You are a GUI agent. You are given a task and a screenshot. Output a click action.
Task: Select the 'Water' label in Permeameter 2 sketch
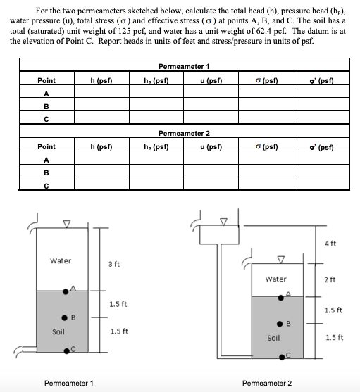click(x=275, y=279)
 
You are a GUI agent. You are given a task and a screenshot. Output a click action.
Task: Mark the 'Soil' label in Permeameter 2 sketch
click(x=275, y=338)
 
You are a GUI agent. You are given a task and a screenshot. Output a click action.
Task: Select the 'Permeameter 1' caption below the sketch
click(x=68, y=383)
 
